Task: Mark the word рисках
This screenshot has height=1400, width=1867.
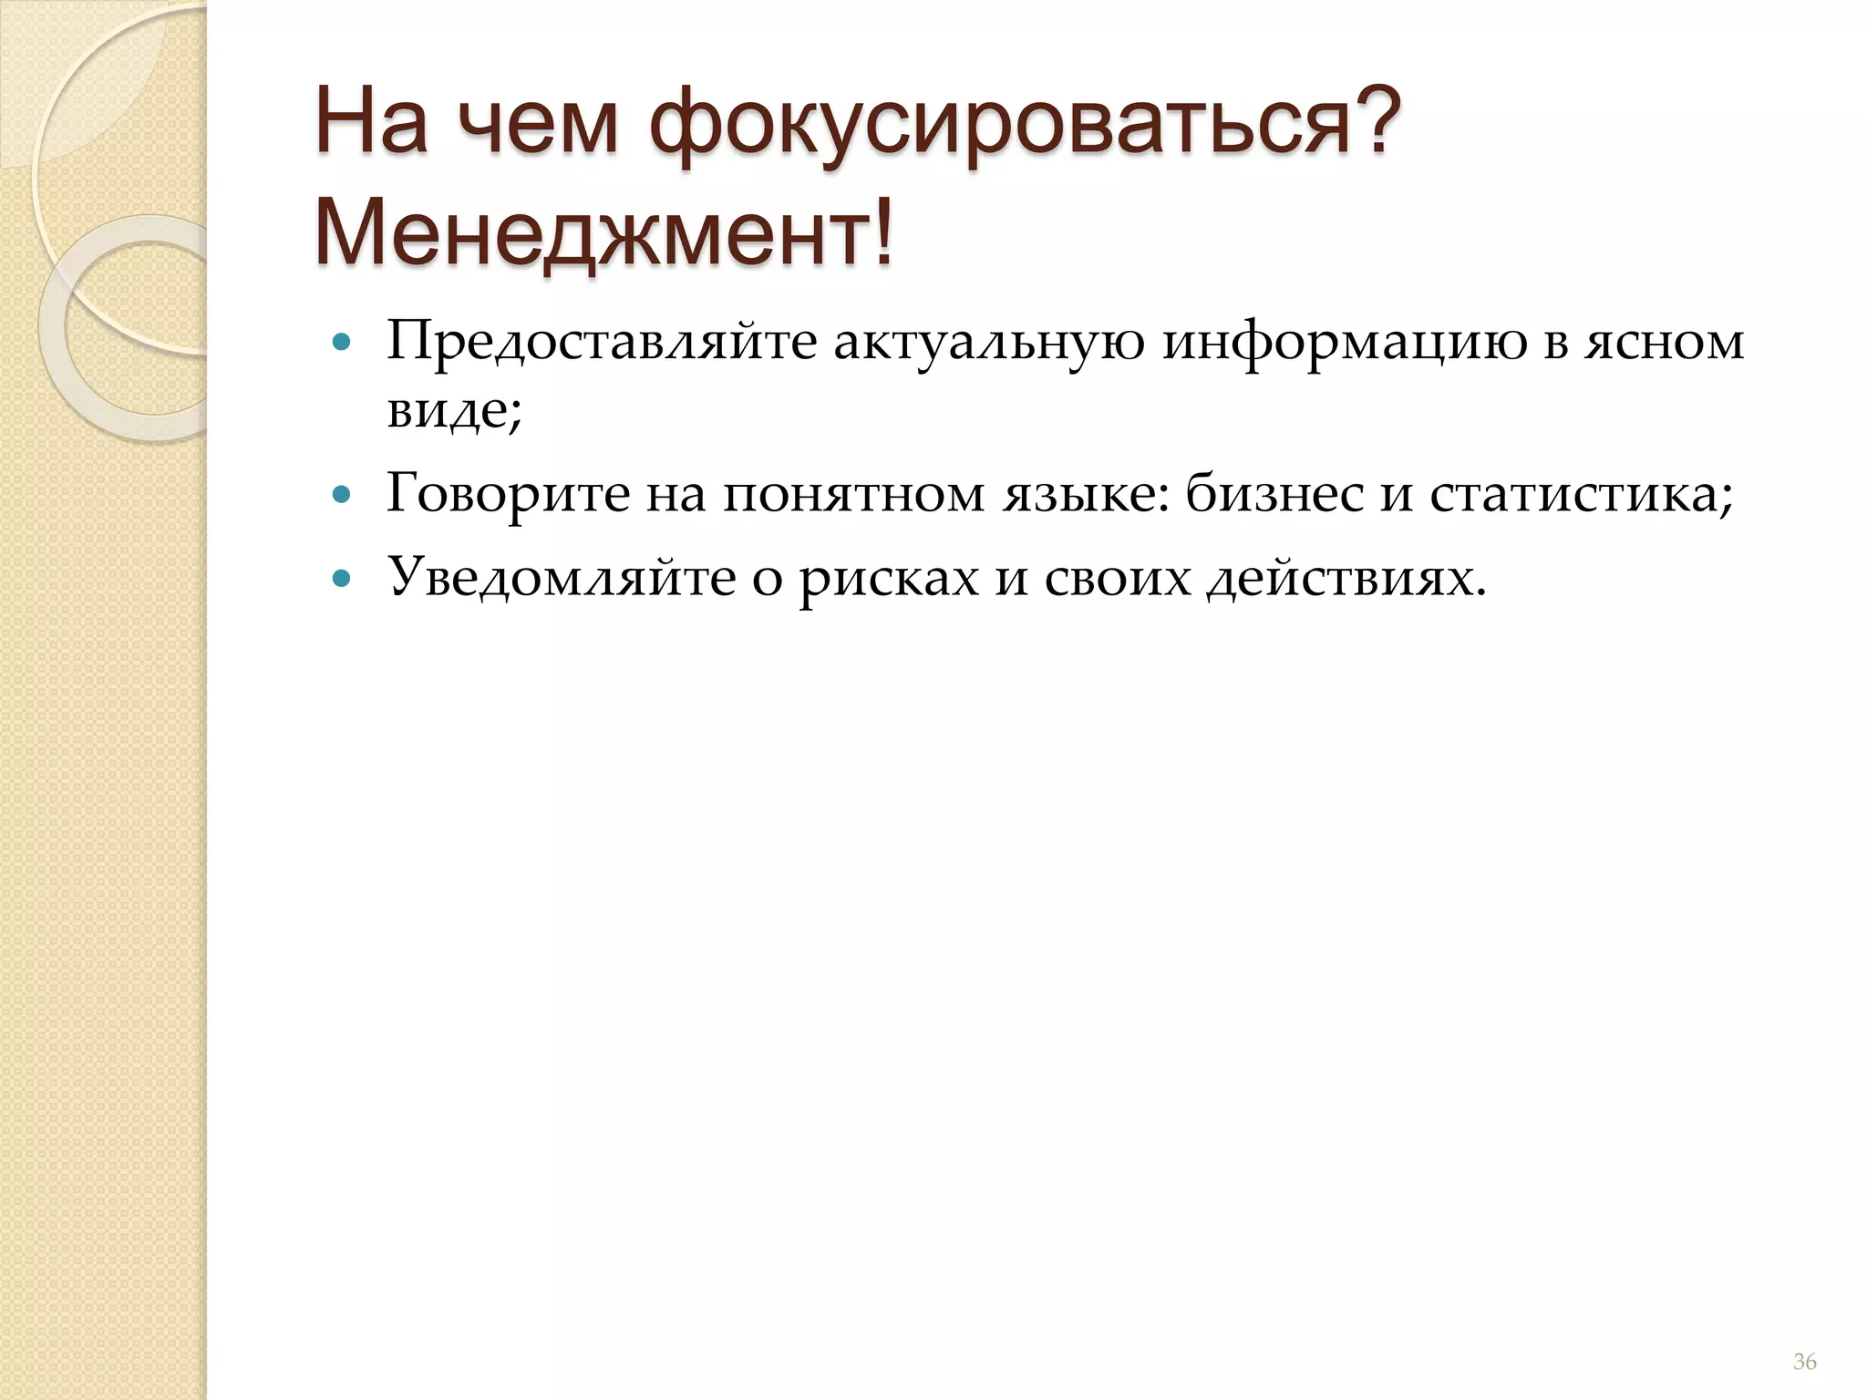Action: tap(889, 578)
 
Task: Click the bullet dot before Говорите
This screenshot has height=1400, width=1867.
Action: tap(342, 496)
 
